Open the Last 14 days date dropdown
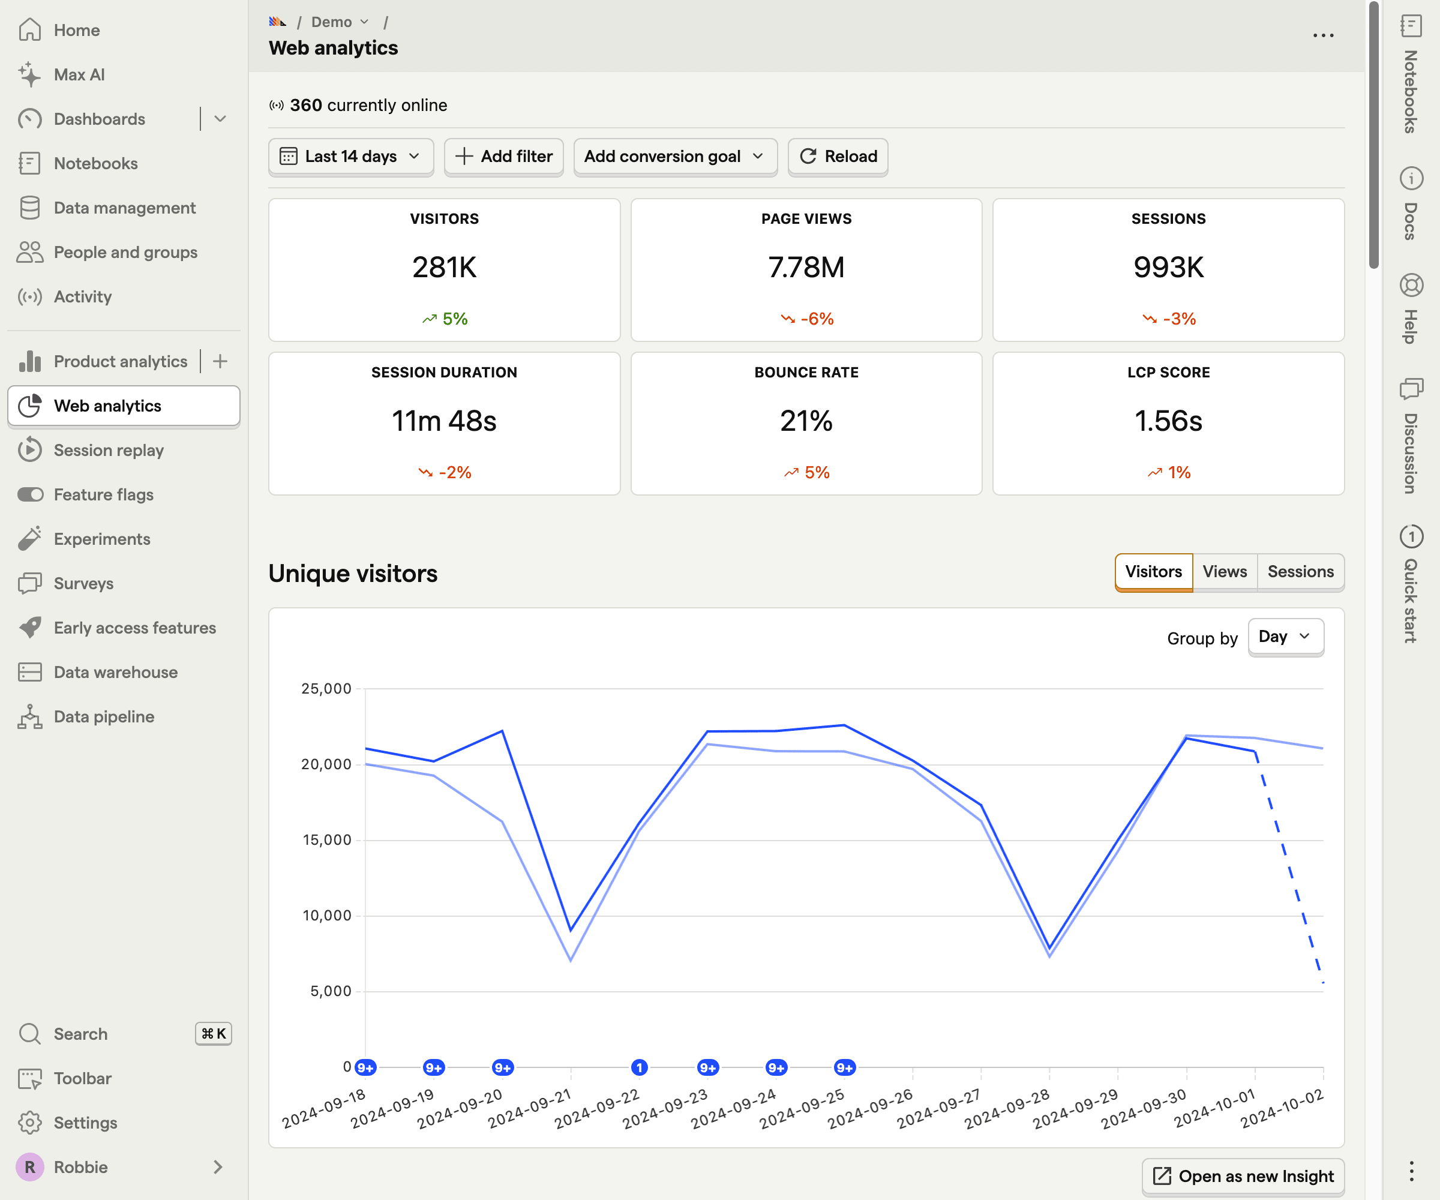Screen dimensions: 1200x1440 (x=350, y=157)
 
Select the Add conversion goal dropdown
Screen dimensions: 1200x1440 (x=675, y=157)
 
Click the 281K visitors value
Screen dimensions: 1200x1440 (x=445, y=268)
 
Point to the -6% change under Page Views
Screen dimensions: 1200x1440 (x=807, y=319)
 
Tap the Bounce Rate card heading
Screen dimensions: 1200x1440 (x=806, y=373)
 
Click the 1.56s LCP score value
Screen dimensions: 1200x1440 (x=1168, y=421)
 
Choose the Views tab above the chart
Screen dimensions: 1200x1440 (x=1224, y=571)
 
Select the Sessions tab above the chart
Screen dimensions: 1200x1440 (x=1300, y=571)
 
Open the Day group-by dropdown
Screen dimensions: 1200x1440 (x=1285, y=637)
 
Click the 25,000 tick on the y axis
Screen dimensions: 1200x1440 (x=326, y=688)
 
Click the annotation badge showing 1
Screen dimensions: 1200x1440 (x=639, y=1067)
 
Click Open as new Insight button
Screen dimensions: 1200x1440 (x=1243, y=1177)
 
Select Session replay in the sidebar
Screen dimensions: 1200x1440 (x=109, y=451)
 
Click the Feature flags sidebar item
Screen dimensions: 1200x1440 (x=104, y=494)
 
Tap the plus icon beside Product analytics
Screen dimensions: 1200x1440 (x=220, y=361)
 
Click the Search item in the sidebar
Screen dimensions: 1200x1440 (x=81, y=1034)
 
